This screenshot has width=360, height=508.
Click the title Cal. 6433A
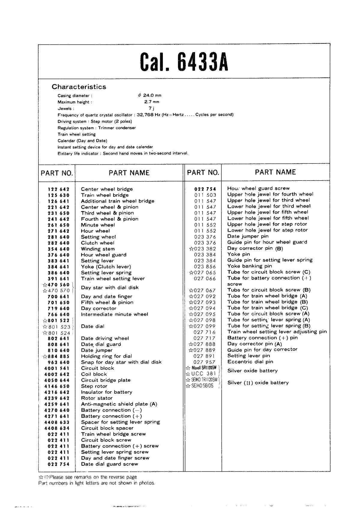click(184, 62)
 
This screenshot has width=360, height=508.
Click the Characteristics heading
click(79, 87)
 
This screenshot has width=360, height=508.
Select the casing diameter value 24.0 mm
click(150, 95)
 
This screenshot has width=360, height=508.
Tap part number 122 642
click(58, 189)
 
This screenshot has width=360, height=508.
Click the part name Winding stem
click(98, 249)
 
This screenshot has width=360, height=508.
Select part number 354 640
click(58, 249)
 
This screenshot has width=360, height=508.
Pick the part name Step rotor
click(94, 386)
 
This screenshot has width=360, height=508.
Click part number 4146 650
click(57, 386)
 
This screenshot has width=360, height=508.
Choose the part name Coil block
click(94, 374)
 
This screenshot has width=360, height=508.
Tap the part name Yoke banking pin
click(250, 266)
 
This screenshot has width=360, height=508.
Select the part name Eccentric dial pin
click(250, 362)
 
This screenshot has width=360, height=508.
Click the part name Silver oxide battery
click(252, 371)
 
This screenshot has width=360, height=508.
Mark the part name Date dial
click(93, 326)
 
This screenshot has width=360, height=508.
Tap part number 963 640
click(58, 362)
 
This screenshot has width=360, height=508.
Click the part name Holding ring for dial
click(106, 356)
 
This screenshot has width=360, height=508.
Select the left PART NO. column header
click(57, 173)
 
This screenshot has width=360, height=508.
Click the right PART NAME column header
click(275, 172)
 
